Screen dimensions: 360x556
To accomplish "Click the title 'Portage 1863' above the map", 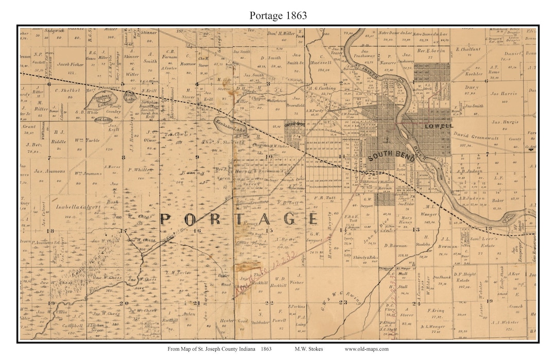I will tap(278, 15).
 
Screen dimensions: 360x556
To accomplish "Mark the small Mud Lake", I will tap(103, 119).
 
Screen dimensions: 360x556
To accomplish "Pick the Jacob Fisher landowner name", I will tap(71, 64).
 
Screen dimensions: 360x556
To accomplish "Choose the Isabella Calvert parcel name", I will tap(68, 210).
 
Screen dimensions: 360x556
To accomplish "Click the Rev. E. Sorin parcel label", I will tap(431, 50).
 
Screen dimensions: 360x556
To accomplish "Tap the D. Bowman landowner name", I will tap(395, 246).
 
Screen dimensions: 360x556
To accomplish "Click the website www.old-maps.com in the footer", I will tap(367, 349).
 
